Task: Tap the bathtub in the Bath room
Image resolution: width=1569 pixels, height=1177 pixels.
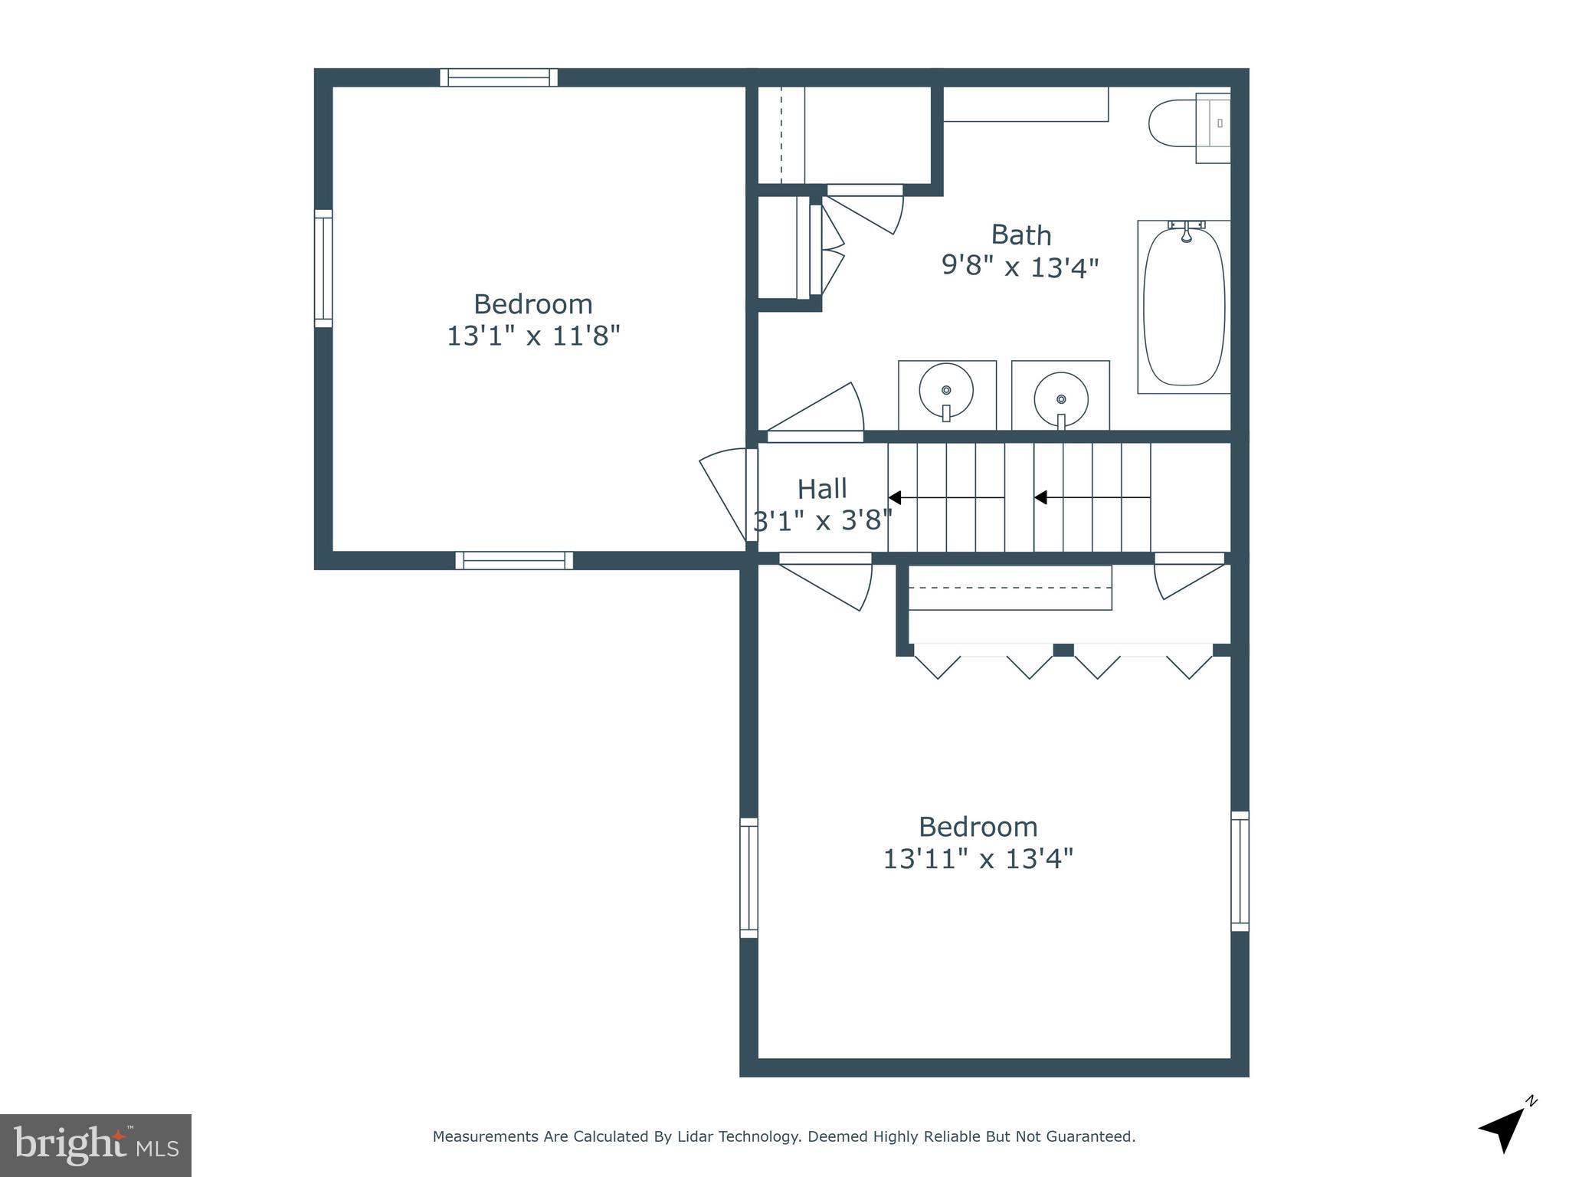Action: click(1184, 307)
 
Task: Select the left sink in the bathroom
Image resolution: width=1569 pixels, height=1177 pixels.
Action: click(946, 392)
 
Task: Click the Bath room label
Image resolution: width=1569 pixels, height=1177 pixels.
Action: click(1020, 234)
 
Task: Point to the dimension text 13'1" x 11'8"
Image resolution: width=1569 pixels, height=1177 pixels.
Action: click(533, 336)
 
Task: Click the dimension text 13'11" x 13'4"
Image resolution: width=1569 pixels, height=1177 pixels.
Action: click(978, 859)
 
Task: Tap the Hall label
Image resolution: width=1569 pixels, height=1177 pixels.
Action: click(822, 489)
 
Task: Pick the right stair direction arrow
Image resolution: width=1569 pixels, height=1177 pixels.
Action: click(1091, 498)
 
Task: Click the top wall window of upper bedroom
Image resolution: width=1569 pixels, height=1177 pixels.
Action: click(499, 77)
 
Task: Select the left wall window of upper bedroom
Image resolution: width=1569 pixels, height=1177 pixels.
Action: click(323, 268)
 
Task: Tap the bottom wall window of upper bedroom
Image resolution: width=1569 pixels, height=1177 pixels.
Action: click(514, 561)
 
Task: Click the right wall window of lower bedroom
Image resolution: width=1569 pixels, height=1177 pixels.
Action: click(1240, 871)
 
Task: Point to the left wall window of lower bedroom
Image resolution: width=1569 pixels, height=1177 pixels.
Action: click(748, 877)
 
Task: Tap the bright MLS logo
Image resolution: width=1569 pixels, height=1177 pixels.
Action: click(96, 1145)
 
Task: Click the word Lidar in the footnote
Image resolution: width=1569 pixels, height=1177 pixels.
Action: click(697, 1137)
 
